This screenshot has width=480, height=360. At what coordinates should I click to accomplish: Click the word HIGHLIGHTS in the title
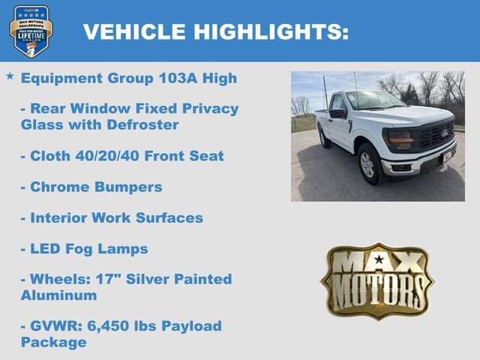click(271, 32)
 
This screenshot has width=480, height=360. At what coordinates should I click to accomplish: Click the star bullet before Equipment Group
click(10, 76)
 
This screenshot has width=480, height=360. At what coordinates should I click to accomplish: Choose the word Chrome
click(55, 187)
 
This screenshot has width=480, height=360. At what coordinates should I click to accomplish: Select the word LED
click(44, 249)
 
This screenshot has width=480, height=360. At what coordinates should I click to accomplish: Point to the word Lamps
click(125, 249)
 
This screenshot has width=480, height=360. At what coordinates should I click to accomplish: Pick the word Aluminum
click(58, 295)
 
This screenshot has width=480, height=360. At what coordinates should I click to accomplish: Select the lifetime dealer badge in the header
click(31, 31)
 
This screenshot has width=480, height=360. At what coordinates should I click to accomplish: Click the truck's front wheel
click(369, 164)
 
